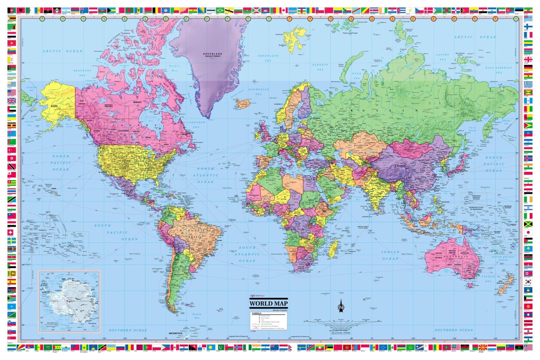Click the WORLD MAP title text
click(269, 303)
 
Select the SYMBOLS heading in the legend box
click(257, 313)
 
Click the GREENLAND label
click(212, 54)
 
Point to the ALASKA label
click(54, 106)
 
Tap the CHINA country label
click(400, 166)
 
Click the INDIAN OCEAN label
click(390, 255)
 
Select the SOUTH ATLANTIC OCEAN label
click(247, 254)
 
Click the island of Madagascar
click(334, 248)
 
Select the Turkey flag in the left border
click(12, 150)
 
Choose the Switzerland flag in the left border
click(12, 232)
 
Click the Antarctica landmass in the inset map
click(72, 301)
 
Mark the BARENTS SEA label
click(320, 67)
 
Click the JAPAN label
click(466, 167)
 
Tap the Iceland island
click(243, 104)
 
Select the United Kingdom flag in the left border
click(12, 101)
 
